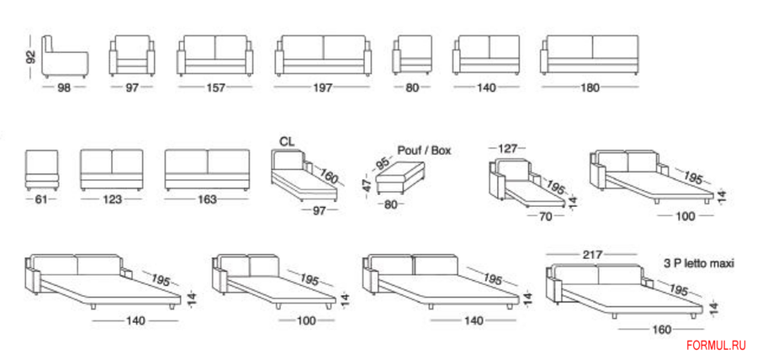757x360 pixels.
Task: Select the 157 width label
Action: pyautogui.click(x=216, y=87)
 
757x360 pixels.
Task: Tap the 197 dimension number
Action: pyautogui.click(x=323, y=87)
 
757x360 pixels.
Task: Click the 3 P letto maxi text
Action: pyautogui.click(x=699, y=263)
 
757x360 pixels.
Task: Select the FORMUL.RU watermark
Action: pyautogui.click(x=716, y=345)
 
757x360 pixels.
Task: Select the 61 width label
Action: pyautogui.click(x=41, y=199)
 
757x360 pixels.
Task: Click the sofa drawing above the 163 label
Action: pyautogui.click(x=207, y=171)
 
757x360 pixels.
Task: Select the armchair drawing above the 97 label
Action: pyautogui.click(x=132, y=56)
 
